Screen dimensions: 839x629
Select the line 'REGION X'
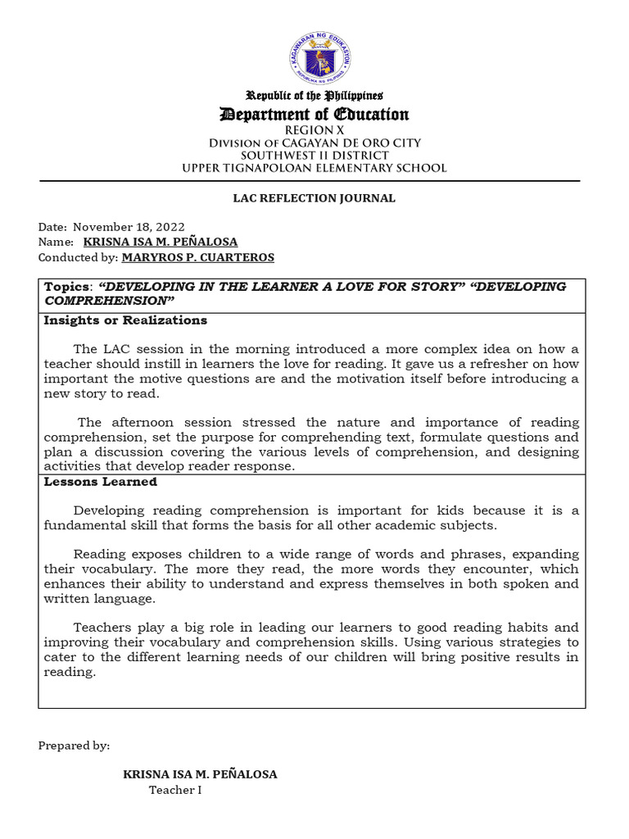tap(315, 130)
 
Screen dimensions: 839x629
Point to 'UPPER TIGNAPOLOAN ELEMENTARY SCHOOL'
tap(315, 168)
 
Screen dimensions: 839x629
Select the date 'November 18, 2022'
tap(129, 227)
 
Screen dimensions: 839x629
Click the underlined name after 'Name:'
tap(161, 242)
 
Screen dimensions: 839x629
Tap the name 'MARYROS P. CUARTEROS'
tap(197, 257)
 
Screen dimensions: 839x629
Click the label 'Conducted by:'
tap(78, 257)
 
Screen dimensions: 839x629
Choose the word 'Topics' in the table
tap(67, 287)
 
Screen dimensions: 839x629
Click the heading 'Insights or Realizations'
tap(125, 320)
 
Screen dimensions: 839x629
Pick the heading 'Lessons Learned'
tap(88, 483)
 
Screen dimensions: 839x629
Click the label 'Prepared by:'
tap(74, 746)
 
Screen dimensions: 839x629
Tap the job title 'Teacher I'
tap(174, 790)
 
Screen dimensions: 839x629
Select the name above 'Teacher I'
tap(200, 774)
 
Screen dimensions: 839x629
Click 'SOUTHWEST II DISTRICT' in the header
tap(315, 156)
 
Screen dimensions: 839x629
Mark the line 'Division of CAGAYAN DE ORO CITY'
tap(315, 143)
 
